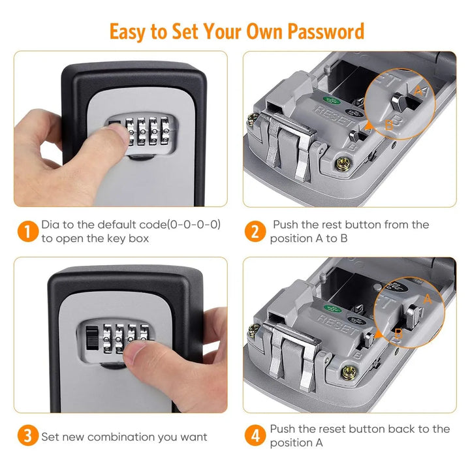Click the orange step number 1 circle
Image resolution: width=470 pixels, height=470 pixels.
click(x=27, y=231)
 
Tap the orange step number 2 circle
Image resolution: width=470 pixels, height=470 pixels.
click(x=255, y=231)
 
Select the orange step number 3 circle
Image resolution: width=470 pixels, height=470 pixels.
click(x=27, y=435)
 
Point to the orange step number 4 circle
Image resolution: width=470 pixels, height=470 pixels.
click(x=255, y=435)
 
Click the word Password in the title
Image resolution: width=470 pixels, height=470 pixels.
click(x=326, y=32)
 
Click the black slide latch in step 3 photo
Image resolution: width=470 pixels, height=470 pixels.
click(x=92, y=338)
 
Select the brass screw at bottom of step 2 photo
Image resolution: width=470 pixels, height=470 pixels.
click(x=343, y=164)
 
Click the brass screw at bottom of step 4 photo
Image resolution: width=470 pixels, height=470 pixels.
click(x=349, y=373)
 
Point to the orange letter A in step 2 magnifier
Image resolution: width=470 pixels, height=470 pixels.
click(x=418, y=90)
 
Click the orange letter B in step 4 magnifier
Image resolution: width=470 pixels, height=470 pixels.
click(x=398, y=334)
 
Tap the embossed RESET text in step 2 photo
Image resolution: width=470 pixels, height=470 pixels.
click(x=334, y=116)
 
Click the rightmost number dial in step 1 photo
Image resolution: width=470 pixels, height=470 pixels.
click(x=165, y=131)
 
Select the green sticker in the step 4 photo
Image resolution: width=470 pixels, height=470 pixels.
click(x=332, y=309)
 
